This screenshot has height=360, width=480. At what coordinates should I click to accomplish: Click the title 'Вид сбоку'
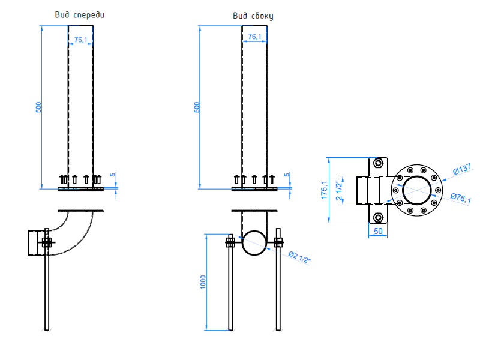point(253,16)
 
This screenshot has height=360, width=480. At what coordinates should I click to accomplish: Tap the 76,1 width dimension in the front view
point(80,40)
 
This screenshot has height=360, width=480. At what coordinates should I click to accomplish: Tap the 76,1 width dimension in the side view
point(254,37)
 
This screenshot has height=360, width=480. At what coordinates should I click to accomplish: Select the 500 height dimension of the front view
point(38,107)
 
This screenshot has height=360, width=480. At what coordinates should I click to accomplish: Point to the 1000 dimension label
point(202,281)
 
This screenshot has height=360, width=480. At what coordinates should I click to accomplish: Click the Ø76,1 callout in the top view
point(460,199)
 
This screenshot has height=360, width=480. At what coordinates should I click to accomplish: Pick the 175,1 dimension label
point(324,190)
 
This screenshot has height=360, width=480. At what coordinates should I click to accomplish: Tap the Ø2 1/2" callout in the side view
point(301,256)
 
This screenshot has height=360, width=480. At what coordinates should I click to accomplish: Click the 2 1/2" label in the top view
point(340,190)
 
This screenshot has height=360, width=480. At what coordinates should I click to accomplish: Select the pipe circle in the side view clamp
point(253,242)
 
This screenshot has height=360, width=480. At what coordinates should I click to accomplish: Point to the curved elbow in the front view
point(72,231)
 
